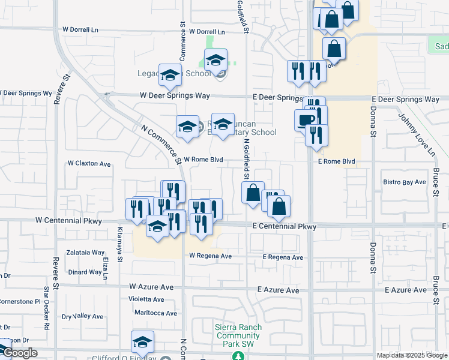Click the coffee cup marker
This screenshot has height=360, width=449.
(x=304, y=119)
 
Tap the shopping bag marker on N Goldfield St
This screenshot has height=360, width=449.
(x=253, y=193)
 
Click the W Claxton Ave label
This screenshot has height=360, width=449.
(x=89, y=163)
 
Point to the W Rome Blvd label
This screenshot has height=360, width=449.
(x=203, y=160)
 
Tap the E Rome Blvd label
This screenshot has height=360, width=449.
(x=336, y=162)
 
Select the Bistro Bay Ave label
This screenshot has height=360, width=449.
(x=404, y=182)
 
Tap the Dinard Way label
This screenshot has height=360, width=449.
(x=85, y=272)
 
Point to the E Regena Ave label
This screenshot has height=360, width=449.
(x=283, y=257)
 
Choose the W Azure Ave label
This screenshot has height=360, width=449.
(x=151, y=287)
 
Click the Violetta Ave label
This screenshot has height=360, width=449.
(x=146, y=299)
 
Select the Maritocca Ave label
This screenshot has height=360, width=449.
(x=155, y=313)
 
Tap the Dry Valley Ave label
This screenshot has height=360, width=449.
(x=83, y=316)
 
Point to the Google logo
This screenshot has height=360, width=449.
(x=19, y=353)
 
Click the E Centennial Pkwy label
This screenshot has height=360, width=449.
(x=284, y=227)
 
